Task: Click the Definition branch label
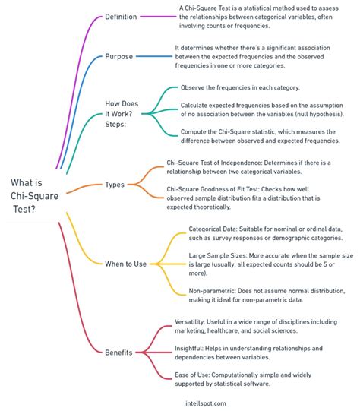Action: tap(121, 17)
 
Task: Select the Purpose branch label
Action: tap(118, 57)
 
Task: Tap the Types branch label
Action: tap(115, 185)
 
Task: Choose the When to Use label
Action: tap(126, 264)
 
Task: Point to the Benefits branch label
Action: tap(118, 353)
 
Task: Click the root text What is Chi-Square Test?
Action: tap(34, 196)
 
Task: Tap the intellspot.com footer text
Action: tap(206, 403)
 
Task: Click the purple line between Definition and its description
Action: tap(158, 17)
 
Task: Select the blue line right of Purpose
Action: tap(154, 56)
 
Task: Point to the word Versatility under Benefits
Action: tap(189, 322)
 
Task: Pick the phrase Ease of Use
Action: tap(191, 375)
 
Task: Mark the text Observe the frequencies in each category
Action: tap(240, 88)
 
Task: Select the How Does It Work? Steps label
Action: tap(122, 114)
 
